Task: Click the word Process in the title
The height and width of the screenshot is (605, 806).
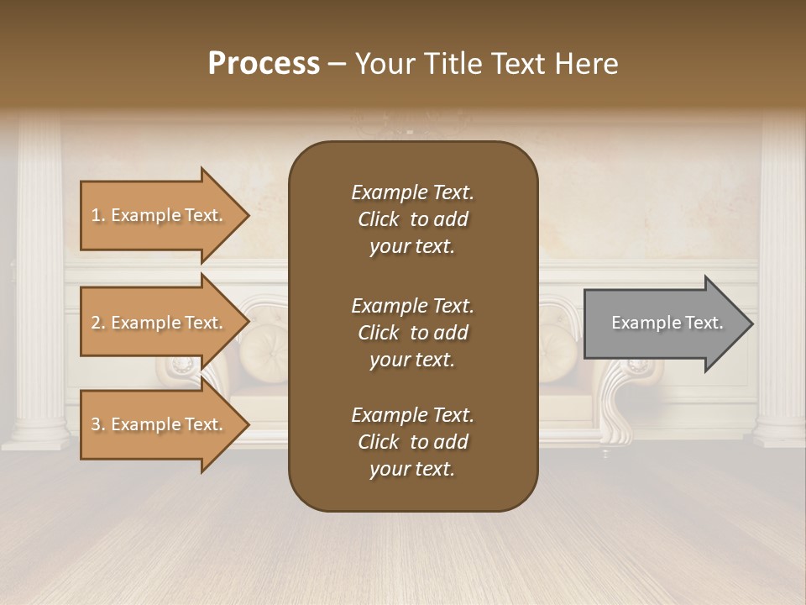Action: point(264,64)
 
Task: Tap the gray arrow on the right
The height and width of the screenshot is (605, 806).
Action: point(663,323)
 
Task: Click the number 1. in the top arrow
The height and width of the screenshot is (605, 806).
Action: point(98,215)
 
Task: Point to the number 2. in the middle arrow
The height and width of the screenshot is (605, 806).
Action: point(98,323)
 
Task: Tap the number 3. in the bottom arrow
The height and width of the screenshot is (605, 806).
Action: point(98,424)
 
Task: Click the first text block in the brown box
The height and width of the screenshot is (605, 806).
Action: point(412,219)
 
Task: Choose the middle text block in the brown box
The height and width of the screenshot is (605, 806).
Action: point(412,333)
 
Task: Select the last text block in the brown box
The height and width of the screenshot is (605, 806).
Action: point(412,442)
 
